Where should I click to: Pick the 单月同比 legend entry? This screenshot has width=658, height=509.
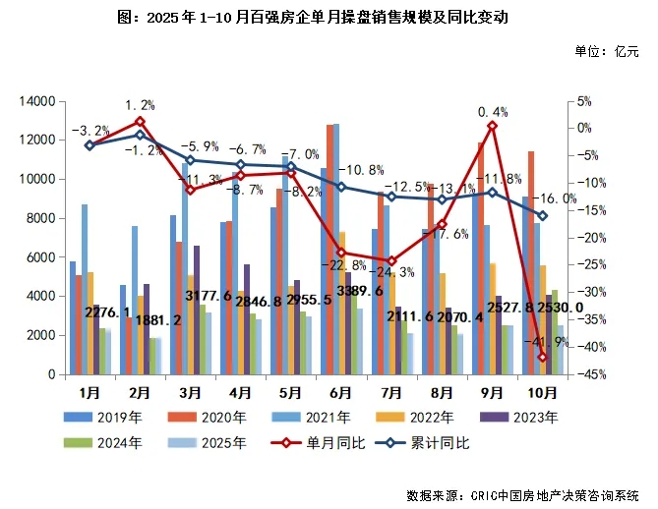(327, 443)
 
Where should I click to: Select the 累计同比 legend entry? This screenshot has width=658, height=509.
(432, 443)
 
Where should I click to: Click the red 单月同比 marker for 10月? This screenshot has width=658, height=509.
(542, 357)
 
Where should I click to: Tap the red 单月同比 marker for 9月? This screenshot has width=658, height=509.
(492, 126)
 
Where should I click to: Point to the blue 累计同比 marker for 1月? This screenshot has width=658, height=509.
(90, 145)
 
